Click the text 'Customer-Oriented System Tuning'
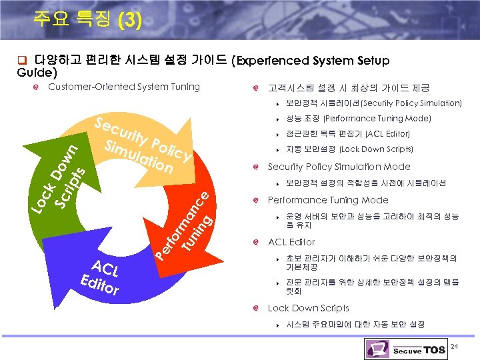tap(124, 87)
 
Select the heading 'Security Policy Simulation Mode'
tap(339, 167)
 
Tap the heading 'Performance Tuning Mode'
tap(327, 200)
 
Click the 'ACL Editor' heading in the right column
tap(291, 242)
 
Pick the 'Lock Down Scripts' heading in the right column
tap(308, 308)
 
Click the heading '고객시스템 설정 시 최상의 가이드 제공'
tap(348, 87)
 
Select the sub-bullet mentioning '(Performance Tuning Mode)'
tap(358, 119)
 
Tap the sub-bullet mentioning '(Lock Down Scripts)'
tap(349, 149)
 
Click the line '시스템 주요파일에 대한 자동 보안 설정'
tap(355, 325)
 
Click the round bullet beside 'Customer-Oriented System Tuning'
tap(39, 87)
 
